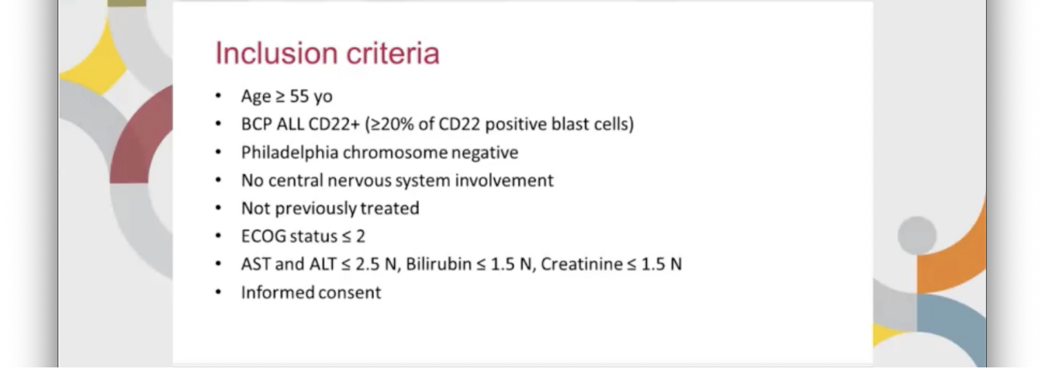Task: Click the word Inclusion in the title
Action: (x=276, y=53)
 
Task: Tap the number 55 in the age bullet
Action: (x=299, y=96)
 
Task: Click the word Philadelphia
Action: (x=290, y=153)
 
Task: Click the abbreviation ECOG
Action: (x=263, y=236)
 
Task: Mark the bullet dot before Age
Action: (x=218, y=96)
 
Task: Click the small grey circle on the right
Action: (x=917, y=235)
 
